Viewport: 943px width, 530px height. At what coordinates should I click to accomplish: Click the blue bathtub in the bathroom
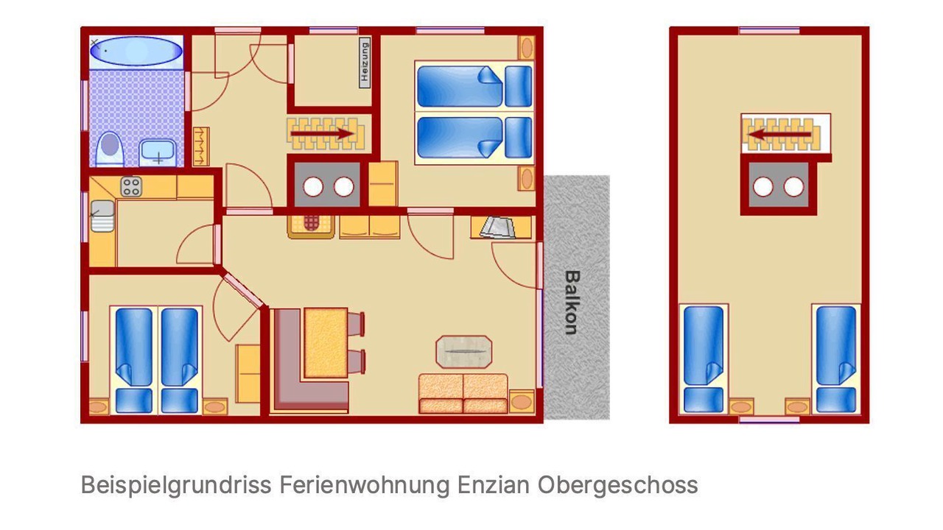click(136, 51)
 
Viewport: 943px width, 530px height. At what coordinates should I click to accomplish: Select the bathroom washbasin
click(158, 152)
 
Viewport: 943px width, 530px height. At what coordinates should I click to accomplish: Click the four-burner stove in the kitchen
click(131, 187)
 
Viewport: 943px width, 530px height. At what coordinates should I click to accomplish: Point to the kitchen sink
click(102, 216)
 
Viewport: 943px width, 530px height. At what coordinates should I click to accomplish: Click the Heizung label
click(365, 63)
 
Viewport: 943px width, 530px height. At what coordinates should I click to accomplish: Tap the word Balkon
click(572, 303)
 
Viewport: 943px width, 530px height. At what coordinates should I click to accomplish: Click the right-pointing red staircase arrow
click(322, 134)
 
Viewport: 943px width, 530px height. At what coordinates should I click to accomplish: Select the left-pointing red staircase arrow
click(779, 135)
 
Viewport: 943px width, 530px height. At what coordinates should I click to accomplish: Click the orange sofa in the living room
click(463, 393)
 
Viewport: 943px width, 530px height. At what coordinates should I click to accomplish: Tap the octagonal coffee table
click(463, 352)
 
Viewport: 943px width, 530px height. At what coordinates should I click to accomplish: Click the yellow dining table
click(326, 342)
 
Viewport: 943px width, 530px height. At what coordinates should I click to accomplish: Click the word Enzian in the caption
click(494, 485)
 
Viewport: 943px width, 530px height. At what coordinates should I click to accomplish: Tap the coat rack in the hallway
click(201, 146)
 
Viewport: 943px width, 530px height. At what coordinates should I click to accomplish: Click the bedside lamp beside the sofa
click(522, 401)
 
